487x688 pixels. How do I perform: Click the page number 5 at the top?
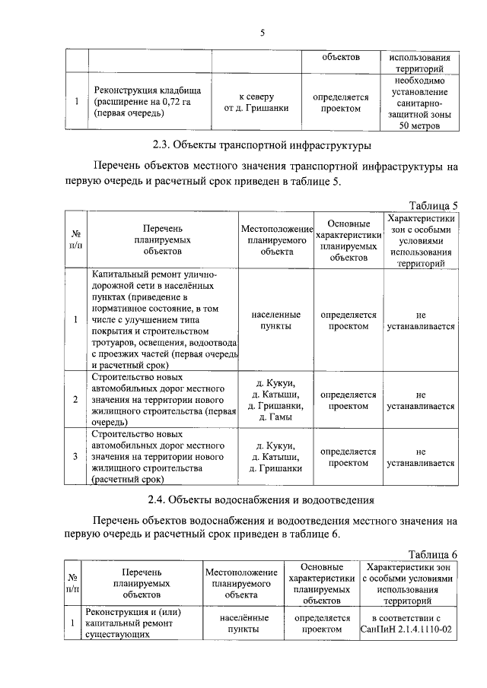[262, 33]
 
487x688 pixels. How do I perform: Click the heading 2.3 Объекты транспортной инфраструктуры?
[262, 144]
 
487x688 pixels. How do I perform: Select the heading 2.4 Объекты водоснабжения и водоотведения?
[262, 499]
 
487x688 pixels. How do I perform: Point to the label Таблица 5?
[433, 205]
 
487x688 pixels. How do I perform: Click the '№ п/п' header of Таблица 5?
[77, 239]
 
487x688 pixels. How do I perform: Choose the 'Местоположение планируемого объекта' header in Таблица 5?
[277, 239]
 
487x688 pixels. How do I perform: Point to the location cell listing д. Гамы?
[277, 400]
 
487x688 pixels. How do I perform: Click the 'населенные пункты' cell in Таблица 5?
[277, 319]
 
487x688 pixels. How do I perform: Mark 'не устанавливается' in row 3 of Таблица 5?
[420, 457]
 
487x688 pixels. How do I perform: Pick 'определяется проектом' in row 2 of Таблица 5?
[348, 400]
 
